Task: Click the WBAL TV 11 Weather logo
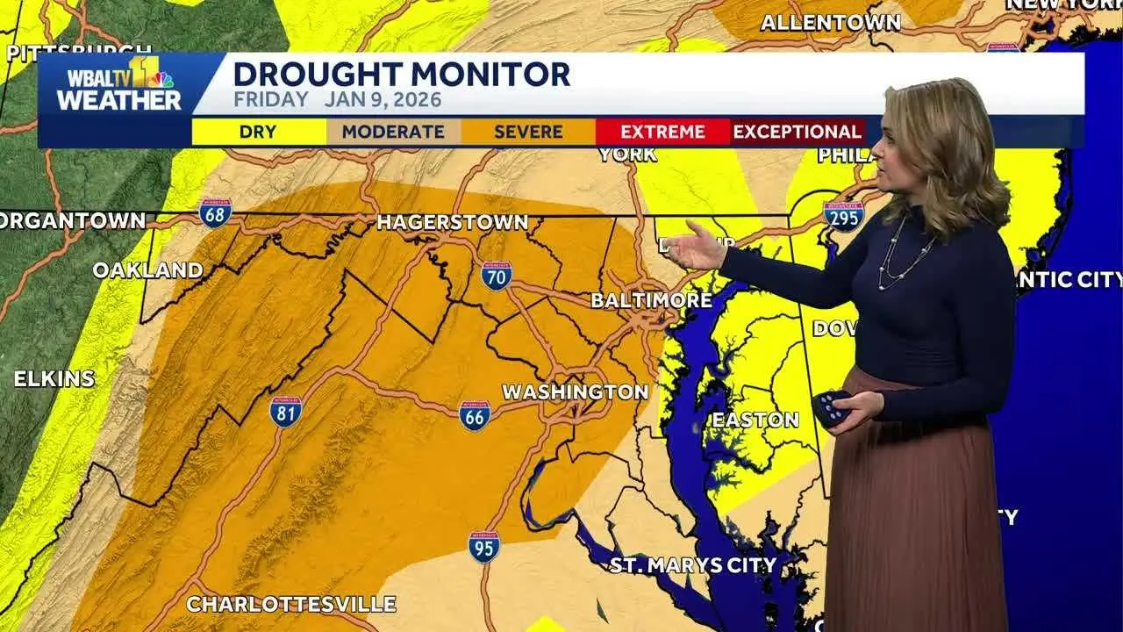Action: click(x=118, y=85)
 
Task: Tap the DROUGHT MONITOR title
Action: click(x=402, y=75)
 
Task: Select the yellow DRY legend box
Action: click(x=258, y=133)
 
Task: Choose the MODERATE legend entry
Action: click(x=393, y=133)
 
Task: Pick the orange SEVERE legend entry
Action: click(x=528, y=133)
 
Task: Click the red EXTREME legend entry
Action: click(x=662, y=133)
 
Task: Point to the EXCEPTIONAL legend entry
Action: click(x=797, y=133)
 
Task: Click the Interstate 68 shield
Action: click(x=215, y=212)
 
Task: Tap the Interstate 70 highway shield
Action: click(x=497, y=276)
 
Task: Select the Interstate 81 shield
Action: click(x=286, y=411)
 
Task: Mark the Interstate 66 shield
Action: click(x=475, y=416)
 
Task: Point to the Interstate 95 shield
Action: click(x=483, y=546)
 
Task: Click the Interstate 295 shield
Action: click(x=843, y=215)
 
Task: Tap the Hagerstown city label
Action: click(x=452, y=223)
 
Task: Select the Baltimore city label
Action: click(x=651, y=300)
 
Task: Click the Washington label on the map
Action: click(x=575, y=392)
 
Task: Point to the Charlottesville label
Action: click(x=291, y=604)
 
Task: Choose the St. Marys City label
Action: click(x=693, y=564)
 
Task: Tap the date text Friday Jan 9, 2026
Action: click(x=337, y=100)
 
